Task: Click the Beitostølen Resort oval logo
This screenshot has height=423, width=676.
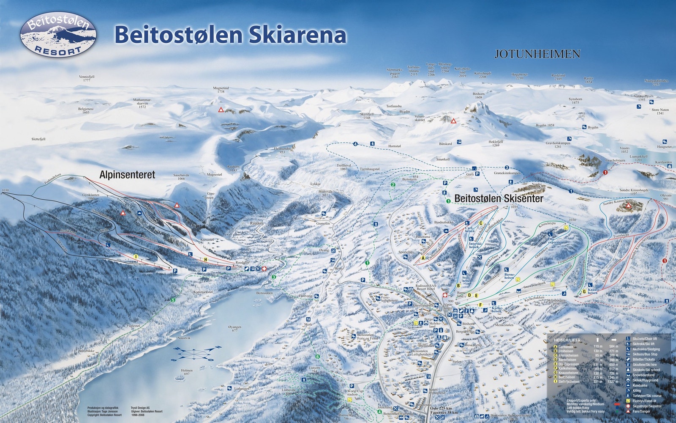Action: coord(58,35)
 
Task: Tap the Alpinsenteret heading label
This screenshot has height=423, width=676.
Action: coord(127,174)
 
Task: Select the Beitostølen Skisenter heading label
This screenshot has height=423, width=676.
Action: coord(499,198)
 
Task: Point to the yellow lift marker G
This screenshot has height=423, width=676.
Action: coord(584,292)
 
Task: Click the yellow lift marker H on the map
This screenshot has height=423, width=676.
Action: coord(205,259)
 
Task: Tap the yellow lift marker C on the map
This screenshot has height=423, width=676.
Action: coord(481,222)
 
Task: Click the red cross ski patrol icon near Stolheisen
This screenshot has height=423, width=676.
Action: coord(444,295)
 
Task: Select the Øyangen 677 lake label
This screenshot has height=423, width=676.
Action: coord(234,329)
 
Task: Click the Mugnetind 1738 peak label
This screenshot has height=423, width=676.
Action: coord(221,89)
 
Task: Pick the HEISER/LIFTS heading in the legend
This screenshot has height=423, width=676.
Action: coord(567,340)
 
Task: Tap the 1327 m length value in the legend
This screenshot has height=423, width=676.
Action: coord(613,382)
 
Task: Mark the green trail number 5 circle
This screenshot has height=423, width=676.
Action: coord(172,300)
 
